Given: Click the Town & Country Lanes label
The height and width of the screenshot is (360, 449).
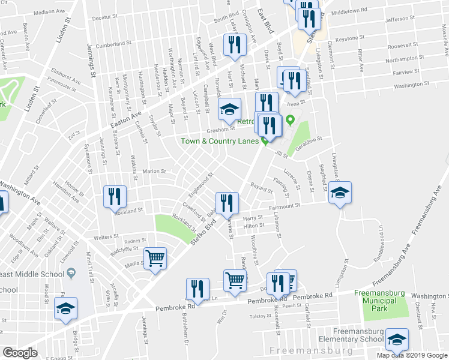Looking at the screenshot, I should pyautogui.click(x=220, y=141).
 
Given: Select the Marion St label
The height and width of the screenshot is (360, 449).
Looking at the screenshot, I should pyautogui.click(x=154, y=171).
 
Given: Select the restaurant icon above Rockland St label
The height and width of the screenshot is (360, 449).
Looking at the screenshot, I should pyautogui.click(x=113, y=196).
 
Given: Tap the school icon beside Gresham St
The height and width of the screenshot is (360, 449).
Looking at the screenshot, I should pyautogui.click(x=229, y=109).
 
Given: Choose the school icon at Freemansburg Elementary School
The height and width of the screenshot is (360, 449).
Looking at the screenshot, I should pyautogui.click(x=397, y=339).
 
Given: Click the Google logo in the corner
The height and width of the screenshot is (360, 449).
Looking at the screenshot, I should pyautogui.click(x=20, y=353).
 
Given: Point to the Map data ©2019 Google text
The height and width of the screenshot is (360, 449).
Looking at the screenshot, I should pyautogui.click(x=412, y=355).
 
